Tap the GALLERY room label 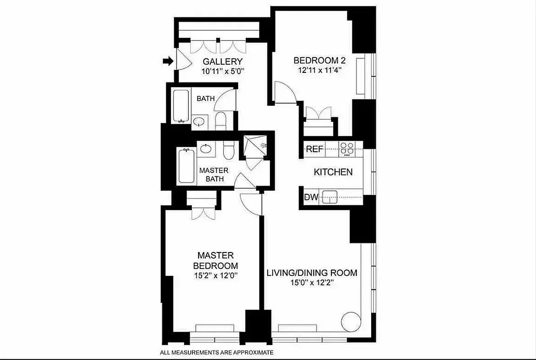pyautogui.click(x=223, y=62)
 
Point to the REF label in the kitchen pyautogui.click(x=314, y=149)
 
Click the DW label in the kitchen pyautogui.click(x=310, y=197)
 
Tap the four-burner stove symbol pyautogui.click(x=347, y=148)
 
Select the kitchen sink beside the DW pyautogui.click(x=330, y=197)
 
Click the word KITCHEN pyautogui.click(x=333, y=172)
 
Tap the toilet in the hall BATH pyautogui.click(x=221, y=121)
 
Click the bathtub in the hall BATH pyautogui.click(x=182, y=106)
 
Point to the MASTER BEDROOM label pyautogui.click(x=215, y=261)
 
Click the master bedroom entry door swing pyautogui.click(x=250, y=203)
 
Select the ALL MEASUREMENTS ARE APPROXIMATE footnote pyautogui.click(x=216, y=353)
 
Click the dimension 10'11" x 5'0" pyautogui.click(x=223, y=71)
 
